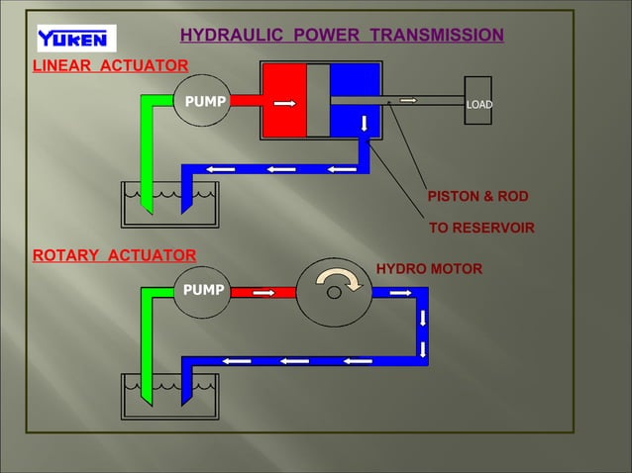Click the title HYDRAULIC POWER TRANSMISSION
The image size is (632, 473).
point(341,37)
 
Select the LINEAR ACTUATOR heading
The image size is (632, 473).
point(111,66)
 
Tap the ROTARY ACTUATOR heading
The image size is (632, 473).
point(115,255)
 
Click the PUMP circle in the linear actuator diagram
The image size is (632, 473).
point(202,102)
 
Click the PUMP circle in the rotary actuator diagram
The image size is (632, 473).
point(202,291)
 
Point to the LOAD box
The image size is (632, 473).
point(478,104)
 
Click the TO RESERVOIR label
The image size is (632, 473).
point(480,229)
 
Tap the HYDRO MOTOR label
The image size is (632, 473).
point(429,269)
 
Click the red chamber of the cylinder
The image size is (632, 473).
point(283,101)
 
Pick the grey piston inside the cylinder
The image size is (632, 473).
point(318,101)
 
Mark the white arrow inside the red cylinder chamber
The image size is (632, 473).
point(285,102)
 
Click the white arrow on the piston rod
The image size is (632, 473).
point(408,100)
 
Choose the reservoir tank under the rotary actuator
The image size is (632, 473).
point(168,397)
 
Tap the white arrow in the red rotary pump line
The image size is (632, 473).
point(263,292)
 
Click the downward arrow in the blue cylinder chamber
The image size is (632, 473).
point(364,124)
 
